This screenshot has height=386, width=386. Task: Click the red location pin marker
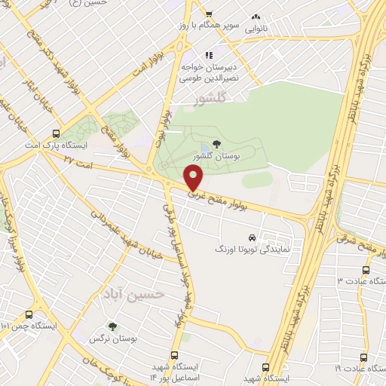[194, 178]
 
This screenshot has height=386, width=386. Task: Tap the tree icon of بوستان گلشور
[217, 143]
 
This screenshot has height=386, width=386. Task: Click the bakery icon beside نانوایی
[256, 17]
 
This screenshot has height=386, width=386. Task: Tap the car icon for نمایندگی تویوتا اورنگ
[262, 237]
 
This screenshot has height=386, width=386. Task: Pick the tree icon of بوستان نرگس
[112, 327]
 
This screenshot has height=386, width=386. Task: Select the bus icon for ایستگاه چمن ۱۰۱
[29, 314]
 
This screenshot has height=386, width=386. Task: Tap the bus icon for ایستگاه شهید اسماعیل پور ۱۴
[175, 355]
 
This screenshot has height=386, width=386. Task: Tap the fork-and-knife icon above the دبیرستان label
[209, 55]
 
